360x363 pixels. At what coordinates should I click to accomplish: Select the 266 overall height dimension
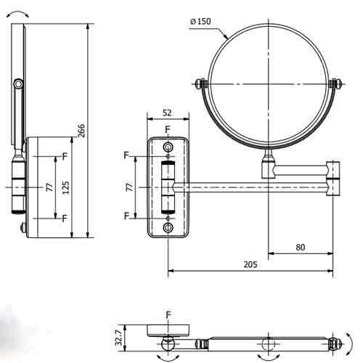81,131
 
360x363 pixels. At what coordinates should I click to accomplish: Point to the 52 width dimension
168,113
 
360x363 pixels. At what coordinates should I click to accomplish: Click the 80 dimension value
300,248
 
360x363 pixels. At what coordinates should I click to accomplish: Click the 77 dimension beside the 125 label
49,187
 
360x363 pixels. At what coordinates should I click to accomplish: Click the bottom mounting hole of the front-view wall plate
168,228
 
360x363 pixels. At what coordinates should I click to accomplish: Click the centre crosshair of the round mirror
268,83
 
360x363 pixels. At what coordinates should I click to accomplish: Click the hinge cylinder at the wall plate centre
168,187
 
